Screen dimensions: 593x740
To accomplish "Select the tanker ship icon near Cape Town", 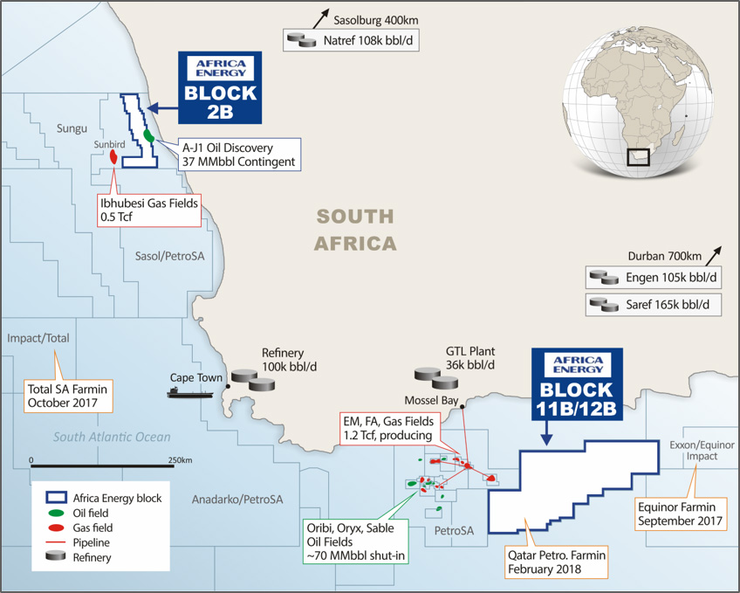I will point(190,393).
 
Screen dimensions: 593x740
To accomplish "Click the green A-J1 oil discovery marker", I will point(149,136).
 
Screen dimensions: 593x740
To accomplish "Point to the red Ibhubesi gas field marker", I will point(114,157).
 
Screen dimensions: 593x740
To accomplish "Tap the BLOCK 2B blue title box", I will point(220,85).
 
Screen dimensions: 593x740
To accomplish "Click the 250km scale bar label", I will point(181,459).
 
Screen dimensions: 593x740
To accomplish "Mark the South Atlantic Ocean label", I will point(110,437).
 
